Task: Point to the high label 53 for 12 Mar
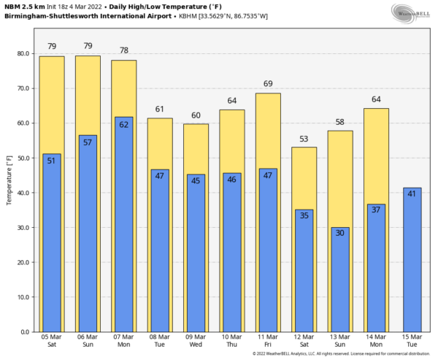304,139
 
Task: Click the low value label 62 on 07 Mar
123,125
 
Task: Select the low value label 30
339,233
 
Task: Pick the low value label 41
412,194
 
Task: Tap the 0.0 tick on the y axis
24,332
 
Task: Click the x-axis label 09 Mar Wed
196,341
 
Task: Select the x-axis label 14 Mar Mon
376,341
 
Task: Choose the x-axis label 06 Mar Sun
88,341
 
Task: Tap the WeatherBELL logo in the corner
412,12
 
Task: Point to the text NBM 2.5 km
23,6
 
